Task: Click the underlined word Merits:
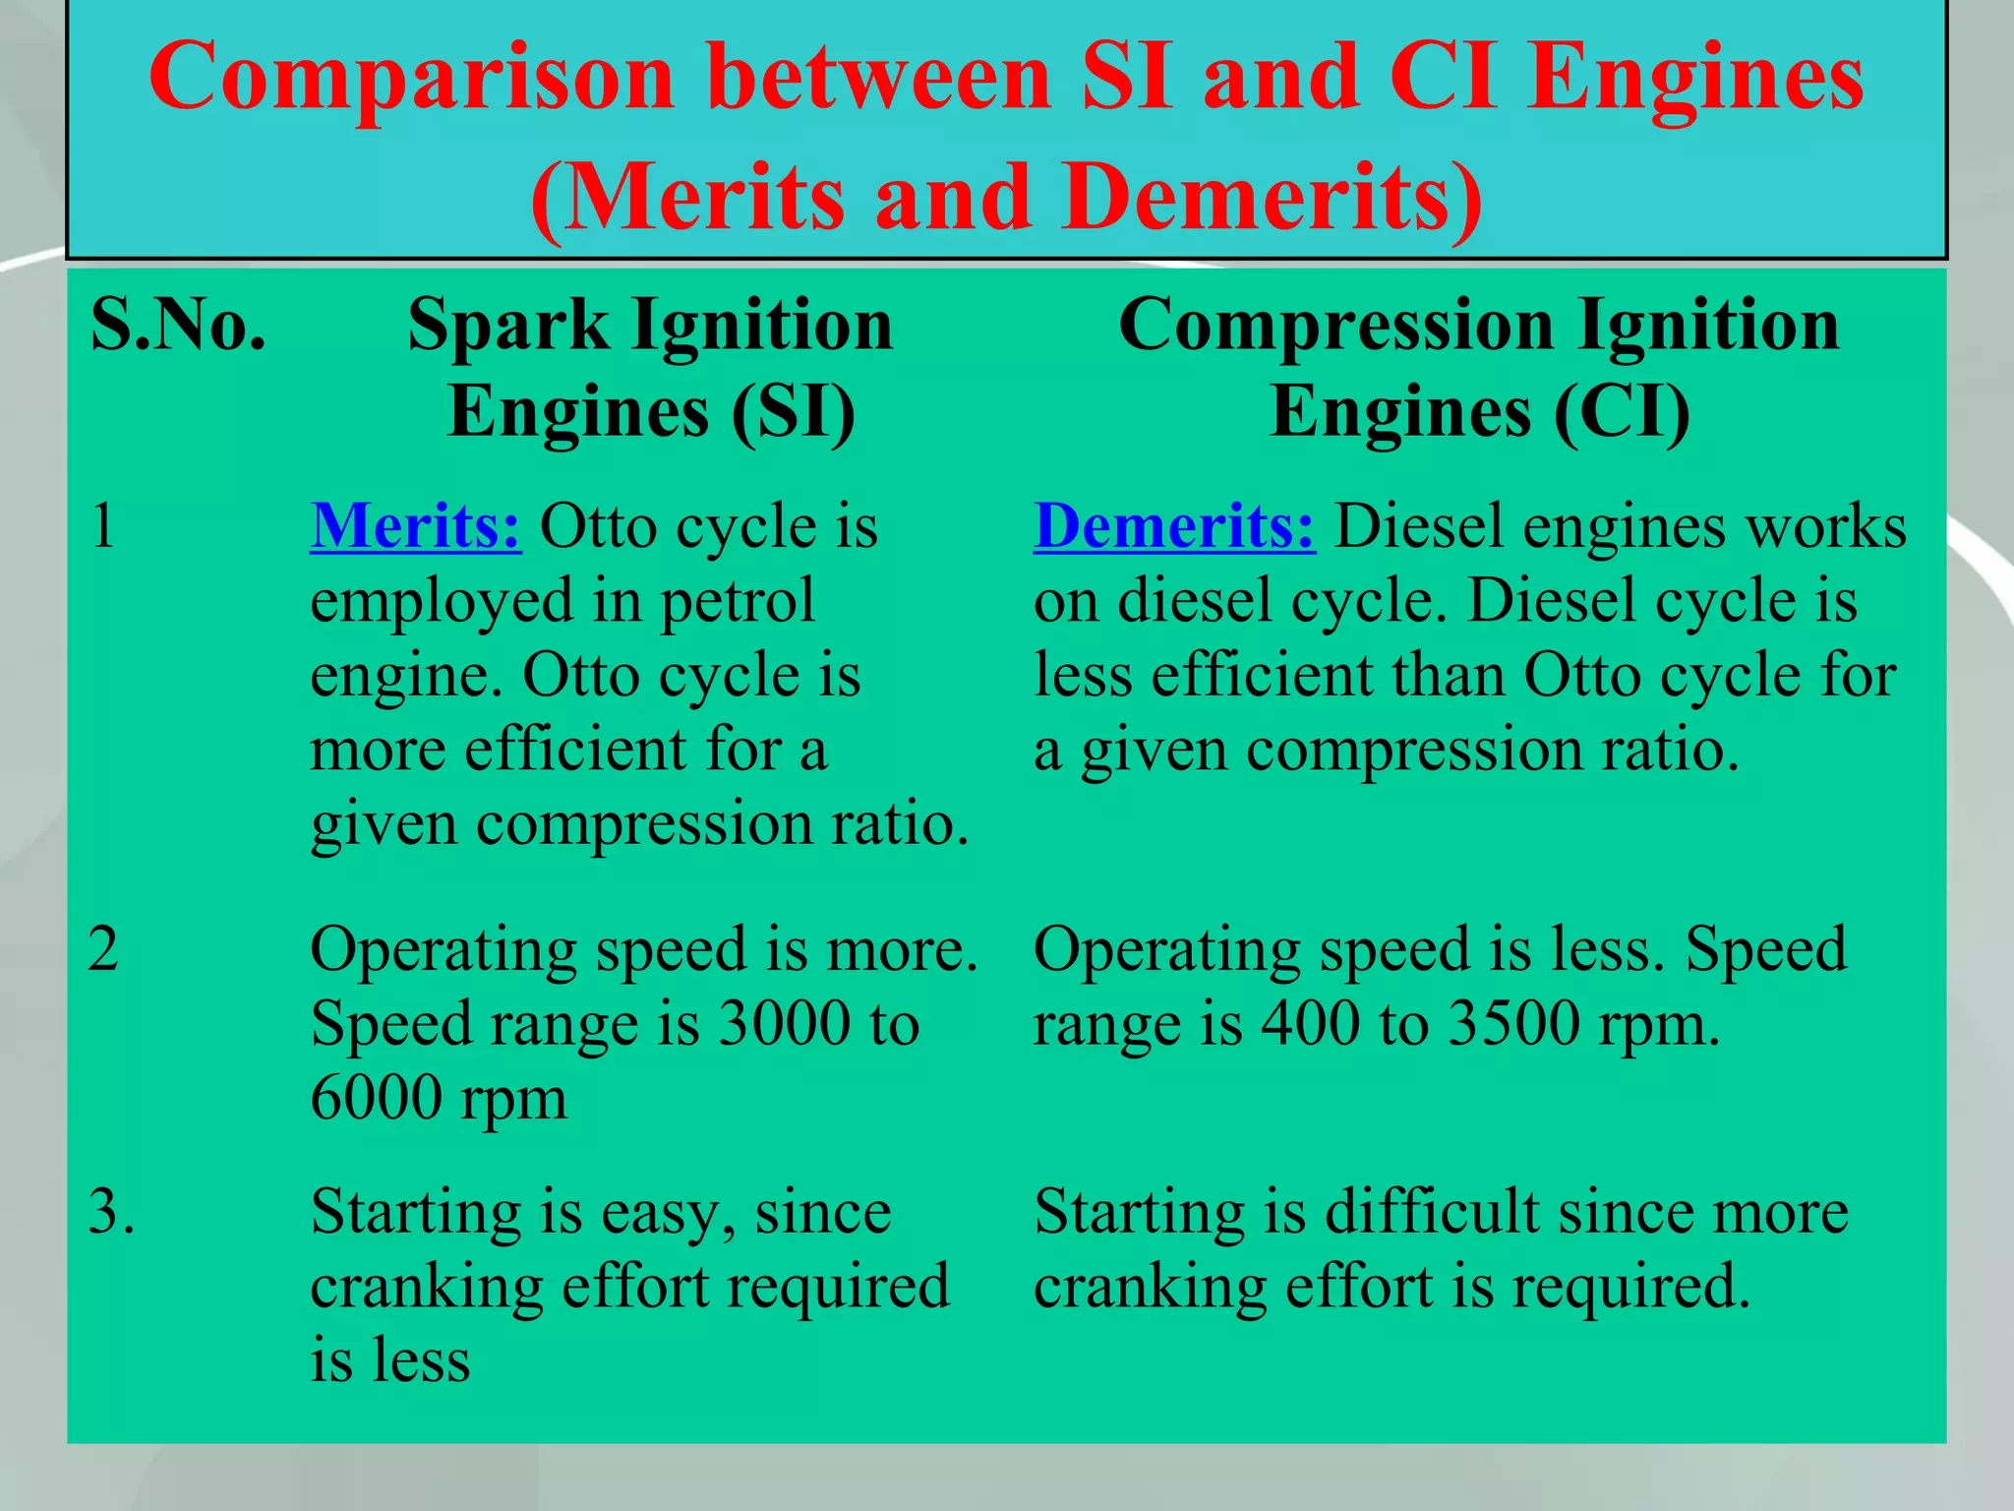pyautogui.click(x=415, y=527)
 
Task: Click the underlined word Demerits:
pyautogui.click(x=1173, y=527)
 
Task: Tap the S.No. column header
pyautogui.click(x=178, y=326)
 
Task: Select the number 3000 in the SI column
pyautogui.click(x=784, y=1024)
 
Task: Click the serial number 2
pyautogui.click(x=103, y=950)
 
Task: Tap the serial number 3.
pyautogui.click(x=110, y=1212)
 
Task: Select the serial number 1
pyautogui.click(x=102, y=527)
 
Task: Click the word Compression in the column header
pyautogui.click(x=1336, y=326)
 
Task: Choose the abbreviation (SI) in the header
pyautogui.click(x=793, y=411)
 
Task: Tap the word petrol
pyautogui.click(x=737, y=601)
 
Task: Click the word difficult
pyautogui.click(x=1433, y=1212)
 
